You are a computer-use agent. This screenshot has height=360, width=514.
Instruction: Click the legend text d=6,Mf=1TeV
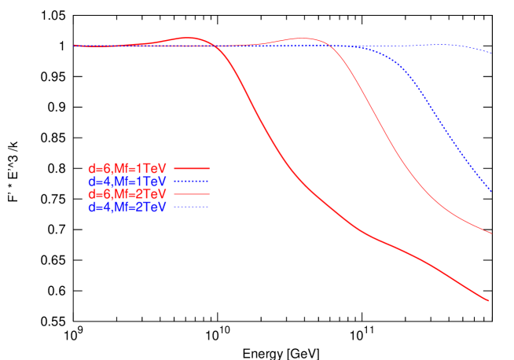[127, 169]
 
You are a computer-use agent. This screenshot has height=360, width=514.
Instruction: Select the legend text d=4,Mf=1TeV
[127, 182]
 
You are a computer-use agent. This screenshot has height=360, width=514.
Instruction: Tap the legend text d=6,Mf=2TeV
[127, 194]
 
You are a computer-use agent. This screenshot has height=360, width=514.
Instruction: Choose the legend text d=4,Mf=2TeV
[127, 207]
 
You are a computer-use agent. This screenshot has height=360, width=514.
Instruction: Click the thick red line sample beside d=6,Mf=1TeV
[191, 169]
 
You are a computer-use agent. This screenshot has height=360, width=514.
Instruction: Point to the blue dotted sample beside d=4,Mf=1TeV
[191, 182]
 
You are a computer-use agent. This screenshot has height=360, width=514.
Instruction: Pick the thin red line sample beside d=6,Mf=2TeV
[191, 194]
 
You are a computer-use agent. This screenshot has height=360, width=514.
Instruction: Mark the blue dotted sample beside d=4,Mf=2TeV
[191, 207]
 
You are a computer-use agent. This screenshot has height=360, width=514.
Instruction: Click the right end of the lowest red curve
[490, 300]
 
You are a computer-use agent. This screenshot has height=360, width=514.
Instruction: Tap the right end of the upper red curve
[491, 233]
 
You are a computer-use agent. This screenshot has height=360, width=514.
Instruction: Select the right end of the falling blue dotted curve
[491, 192]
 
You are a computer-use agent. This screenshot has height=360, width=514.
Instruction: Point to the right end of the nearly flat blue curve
[491, 53]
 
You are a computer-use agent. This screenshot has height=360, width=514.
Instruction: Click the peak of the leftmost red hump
[189, 38]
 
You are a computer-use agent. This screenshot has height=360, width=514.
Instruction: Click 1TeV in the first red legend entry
[152, 169]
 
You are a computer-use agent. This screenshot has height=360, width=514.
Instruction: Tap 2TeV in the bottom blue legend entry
[152, 207]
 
